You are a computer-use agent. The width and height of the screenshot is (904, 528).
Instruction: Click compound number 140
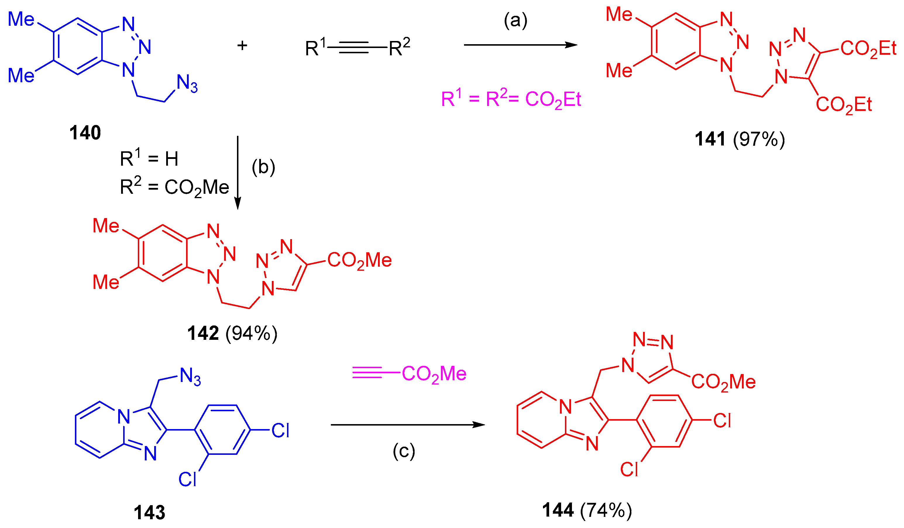click(85, 133)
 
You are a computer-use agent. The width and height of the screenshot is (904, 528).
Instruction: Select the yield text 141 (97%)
click(740, 139)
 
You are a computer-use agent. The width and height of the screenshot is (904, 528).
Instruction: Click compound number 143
click(149, 512)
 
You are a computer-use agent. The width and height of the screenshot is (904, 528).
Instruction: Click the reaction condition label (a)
click(515, 20)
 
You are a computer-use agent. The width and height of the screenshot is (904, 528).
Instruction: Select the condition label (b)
click(263, 167)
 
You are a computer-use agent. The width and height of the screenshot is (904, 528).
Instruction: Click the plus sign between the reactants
click(242, 46)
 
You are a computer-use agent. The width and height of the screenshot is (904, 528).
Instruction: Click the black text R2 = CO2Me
click(174, 187)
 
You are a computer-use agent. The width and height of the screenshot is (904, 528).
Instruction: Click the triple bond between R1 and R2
click(353, 47)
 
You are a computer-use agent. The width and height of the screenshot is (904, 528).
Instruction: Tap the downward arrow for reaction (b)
click(238, 172)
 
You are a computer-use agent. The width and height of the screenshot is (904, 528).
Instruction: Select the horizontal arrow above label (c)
click(408, 425)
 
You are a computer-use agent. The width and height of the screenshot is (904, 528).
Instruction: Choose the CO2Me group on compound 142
click(359, 260)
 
